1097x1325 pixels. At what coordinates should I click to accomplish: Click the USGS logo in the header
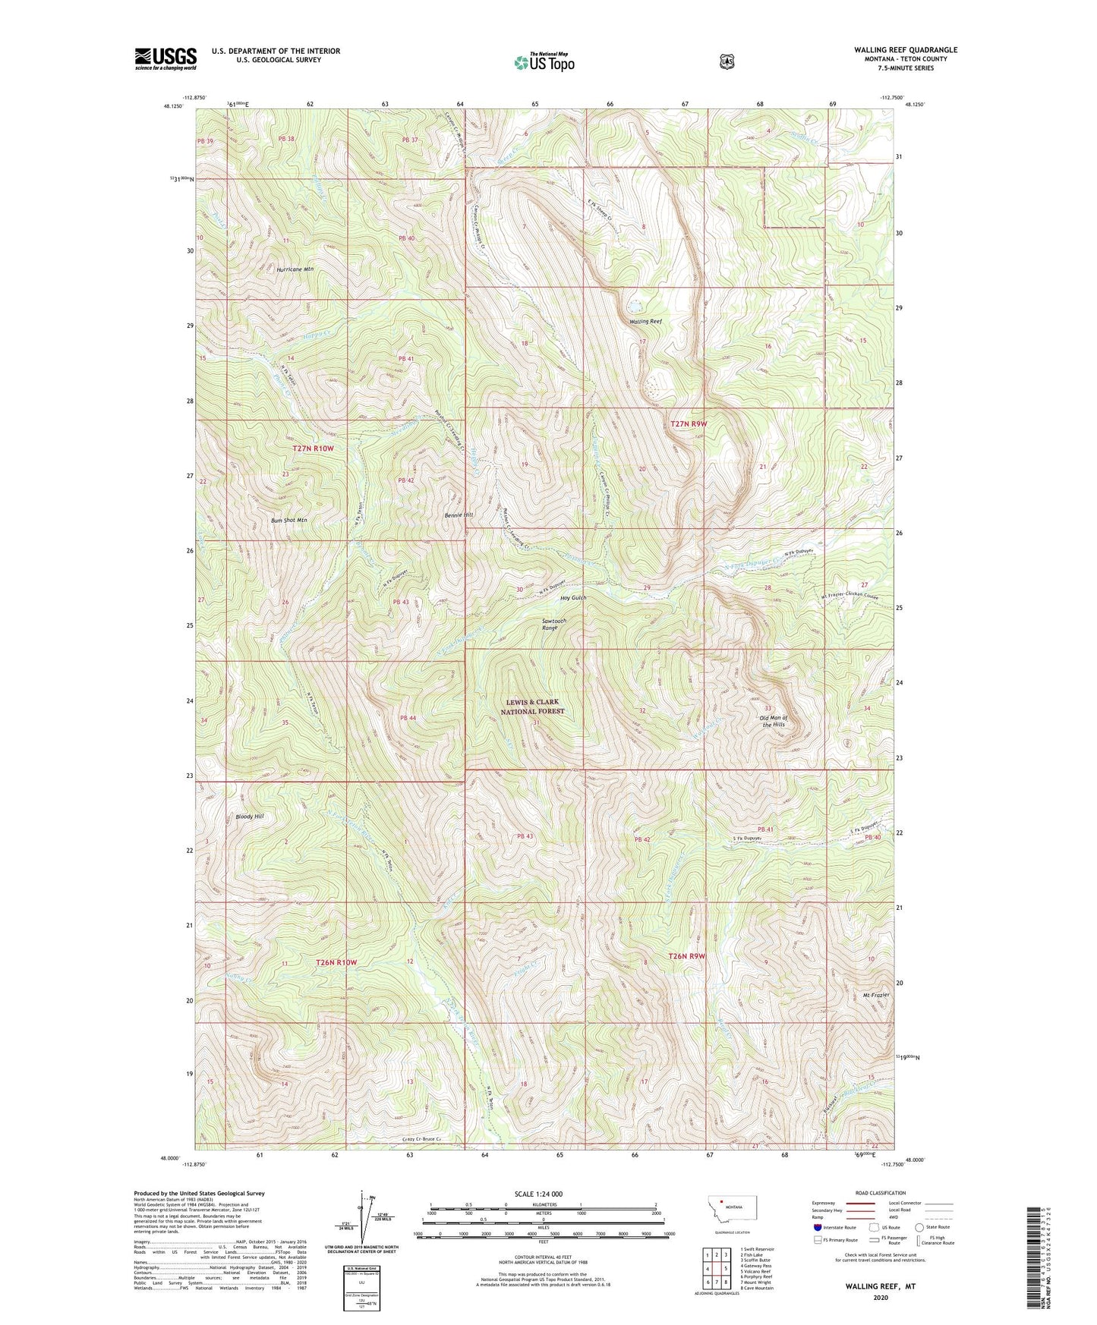point(165,58)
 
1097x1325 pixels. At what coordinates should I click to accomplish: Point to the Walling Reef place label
point(645,322)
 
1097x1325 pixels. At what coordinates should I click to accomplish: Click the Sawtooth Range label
point(554,624)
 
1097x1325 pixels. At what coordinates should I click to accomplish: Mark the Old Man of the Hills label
point(773,721)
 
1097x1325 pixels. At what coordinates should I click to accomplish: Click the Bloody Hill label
point(249,817)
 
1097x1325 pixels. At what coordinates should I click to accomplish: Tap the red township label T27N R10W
point(313,448)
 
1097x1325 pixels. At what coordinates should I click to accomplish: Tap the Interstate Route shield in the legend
point(817,1226)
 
